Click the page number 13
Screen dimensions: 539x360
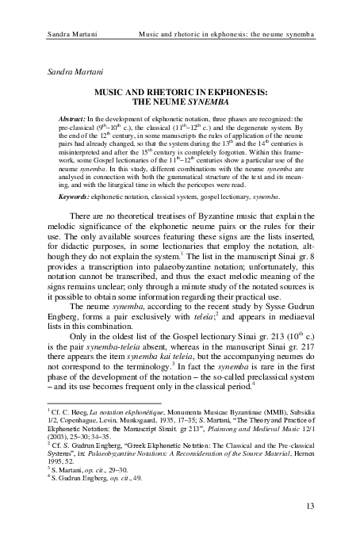(x=309, y=504)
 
